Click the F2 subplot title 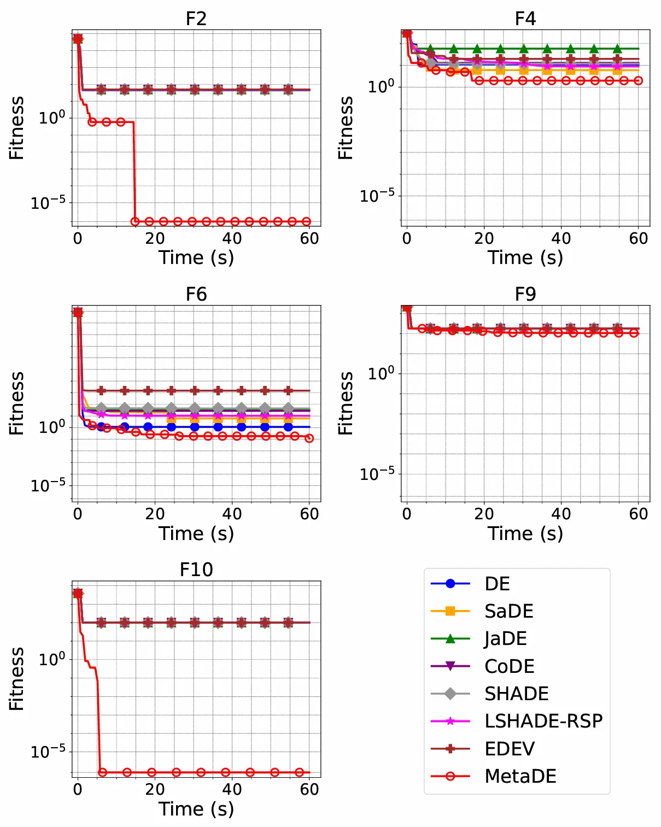click(x=196, y=19)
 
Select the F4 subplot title click(x=525, y=19)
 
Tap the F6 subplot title click(x=196, y=294)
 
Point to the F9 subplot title click(x=525, y=294)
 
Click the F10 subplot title click(x=196, y=570)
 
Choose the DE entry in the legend click(x=497, y=584)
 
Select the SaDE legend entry click(x=508, y=611)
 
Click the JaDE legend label click(x=506, y=638)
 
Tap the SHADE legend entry click(x=516, y=694)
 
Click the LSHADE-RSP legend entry click(x=543, y=721)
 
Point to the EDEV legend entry click(x=510, y=749)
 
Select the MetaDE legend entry click(x=520, y=776)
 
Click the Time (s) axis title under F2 click(x=196, y=257)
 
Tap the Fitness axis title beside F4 click(x=346, y=128)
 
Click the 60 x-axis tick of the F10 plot click(x=309, y=789)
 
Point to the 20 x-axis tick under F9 click(x=484, y=514)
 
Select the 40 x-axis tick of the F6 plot click(x=232, y=514)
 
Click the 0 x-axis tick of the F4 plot click(x=407, y=238)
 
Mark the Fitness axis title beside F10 click(x=16, y=679)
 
